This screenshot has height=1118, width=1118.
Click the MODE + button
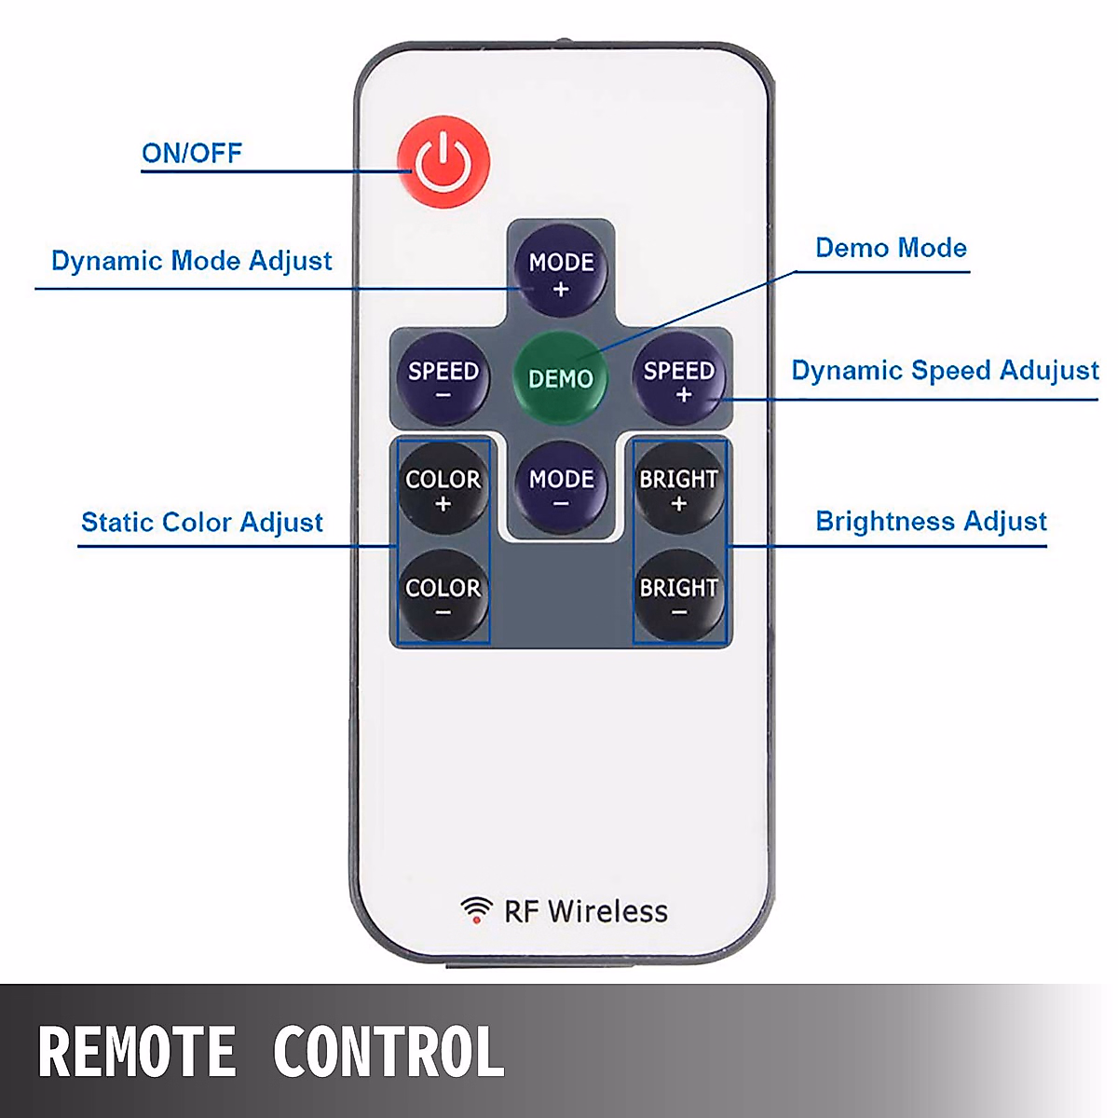pos(561,271)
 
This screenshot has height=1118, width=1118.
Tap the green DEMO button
pos(560,377)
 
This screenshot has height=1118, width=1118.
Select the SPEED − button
pos(443,378)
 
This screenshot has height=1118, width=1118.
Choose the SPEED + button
pos(679,378)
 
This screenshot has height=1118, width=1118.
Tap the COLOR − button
pos(443,595)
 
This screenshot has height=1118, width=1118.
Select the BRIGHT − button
pos(678,595)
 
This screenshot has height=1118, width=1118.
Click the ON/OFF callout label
pos(192,153)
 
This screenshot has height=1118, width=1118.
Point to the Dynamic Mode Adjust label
pos(192,261)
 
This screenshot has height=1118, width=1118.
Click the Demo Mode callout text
pos(891,248)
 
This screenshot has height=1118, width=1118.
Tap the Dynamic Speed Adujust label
pos(945,371)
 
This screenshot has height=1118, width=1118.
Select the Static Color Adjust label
pos(202,522)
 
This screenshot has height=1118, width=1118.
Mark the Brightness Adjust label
pos(931,521)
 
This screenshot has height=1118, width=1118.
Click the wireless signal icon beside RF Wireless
pos(477,910)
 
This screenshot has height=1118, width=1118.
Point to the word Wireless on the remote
pos(607,911)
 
